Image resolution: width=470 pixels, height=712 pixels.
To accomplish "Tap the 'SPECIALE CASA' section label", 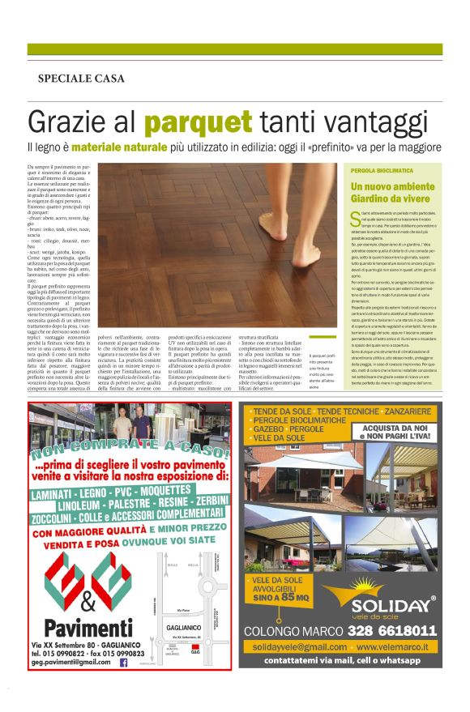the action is click(x=81, y=79).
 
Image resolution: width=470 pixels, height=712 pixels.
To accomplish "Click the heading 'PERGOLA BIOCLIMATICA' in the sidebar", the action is click(x=382, y=172).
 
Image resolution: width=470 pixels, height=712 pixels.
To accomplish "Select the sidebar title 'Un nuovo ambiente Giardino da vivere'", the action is click(x=388, y=192).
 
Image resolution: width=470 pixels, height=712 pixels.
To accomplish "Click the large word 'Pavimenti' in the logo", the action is click(x=83, y=629).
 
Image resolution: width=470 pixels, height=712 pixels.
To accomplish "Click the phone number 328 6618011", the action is click(x=392, y=630).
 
